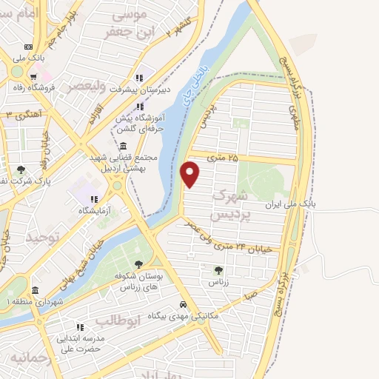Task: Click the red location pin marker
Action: [190, 175]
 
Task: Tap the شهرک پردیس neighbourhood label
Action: [227, 205]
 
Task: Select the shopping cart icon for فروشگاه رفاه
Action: [33, 76]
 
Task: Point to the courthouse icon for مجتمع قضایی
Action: [122, 145]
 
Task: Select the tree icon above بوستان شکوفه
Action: [138, 264]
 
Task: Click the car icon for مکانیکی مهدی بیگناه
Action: [182, 304]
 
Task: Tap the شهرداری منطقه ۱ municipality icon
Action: [35, 290]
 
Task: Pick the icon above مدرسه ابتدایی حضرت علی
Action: [79, 326]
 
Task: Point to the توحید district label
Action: [41, 238]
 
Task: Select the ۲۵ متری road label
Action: [224, 158]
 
